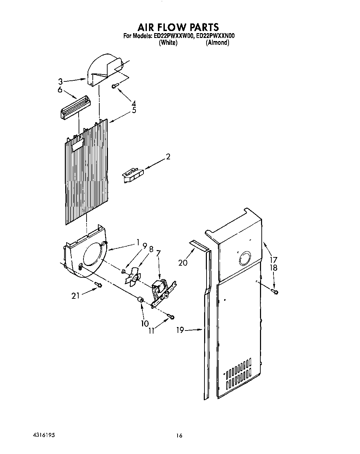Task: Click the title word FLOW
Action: (179, 27)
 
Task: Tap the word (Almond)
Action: (217, 43)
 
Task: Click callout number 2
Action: (168, 157)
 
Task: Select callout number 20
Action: (183, 263)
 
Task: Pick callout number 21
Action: (76, 296)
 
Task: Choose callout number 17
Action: (273, 259)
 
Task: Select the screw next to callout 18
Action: (275, 292)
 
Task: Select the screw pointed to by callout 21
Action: (98, 285)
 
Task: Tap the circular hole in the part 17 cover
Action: (244, 258)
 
